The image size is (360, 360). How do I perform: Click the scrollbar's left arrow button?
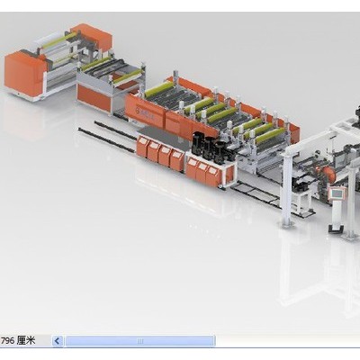(x=58, y=341)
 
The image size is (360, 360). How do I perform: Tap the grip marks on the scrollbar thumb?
(x=140, y=341)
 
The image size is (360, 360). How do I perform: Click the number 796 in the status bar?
(x=8, y=341)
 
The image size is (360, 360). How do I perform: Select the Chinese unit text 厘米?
(x=26, y=340)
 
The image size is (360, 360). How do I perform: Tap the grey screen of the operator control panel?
(x=337, y=193)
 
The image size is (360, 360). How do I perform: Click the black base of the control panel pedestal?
(x=336, y=229)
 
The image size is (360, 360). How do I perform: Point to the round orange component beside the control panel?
(x=330, y=175)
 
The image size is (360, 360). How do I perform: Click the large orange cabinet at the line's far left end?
(x=22, y=74)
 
